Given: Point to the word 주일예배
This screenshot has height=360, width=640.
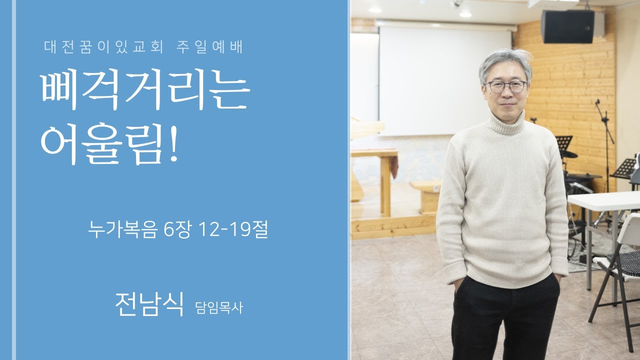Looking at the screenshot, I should point(209,47).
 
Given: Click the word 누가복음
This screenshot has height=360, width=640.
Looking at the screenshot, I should point(122,230).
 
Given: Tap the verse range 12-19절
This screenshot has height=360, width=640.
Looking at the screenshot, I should point(233,230).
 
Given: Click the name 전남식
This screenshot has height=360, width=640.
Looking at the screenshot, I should point(149,303).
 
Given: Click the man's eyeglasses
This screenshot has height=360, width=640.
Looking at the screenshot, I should point(506,86).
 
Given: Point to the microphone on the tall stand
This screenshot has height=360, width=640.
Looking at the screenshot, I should point(597,102).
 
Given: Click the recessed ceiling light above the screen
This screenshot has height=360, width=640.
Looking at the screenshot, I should point(465,14).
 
